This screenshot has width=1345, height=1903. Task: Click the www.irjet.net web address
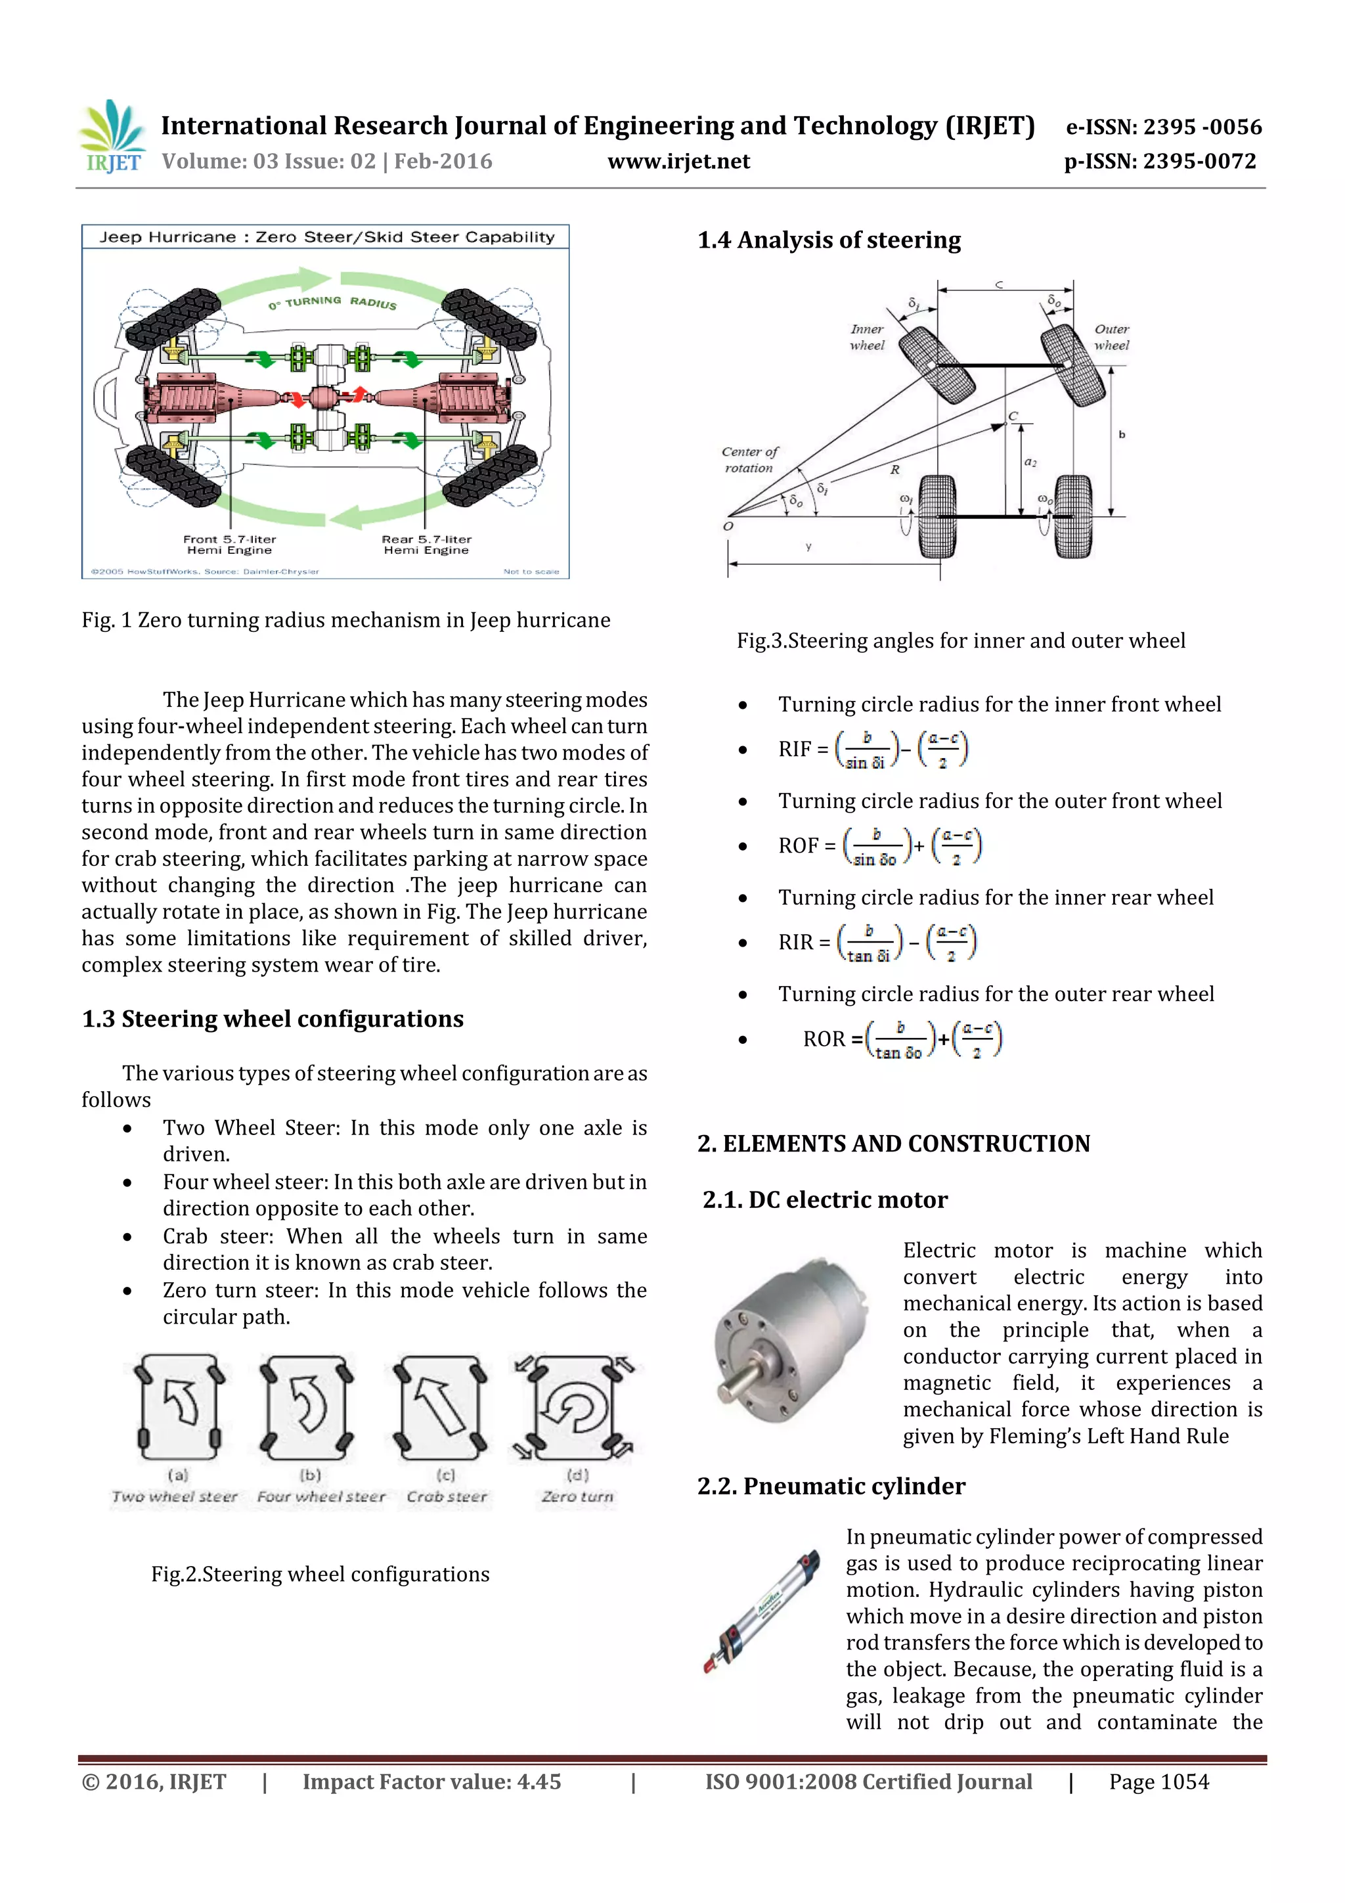point(678,162)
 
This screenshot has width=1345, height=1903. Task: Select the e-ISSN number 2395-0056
point(1162,127)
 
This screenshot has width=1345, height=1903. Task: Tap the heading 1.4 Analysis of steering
point(829,240)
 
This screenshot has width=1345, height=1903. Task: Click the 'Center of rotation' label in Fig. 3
point(749,460)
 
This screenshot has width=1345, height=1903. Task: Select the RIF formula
point(873,750)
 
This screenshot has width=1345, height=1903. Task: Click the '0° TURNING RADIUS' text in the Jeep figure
point(332,303)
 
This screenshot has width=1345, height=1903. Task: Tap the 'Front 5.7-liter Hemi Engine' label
point(230,545)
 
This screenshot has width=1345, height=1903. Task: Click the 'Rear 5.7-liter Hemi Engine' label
point(426,545)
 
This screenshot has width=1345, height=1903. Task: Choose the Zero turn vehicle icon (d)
point(576,1407)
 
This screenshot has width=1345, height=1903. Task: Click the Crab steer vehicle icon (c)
point(441,1407)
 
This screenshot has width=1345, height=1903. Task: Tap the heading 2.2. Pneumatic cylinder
point(831,1486)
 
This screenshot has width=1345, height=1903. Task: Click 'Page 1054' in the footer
point(1158,1782)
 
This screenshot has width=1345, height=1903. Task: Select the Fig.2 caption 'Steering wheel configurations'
point(320,1575)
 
